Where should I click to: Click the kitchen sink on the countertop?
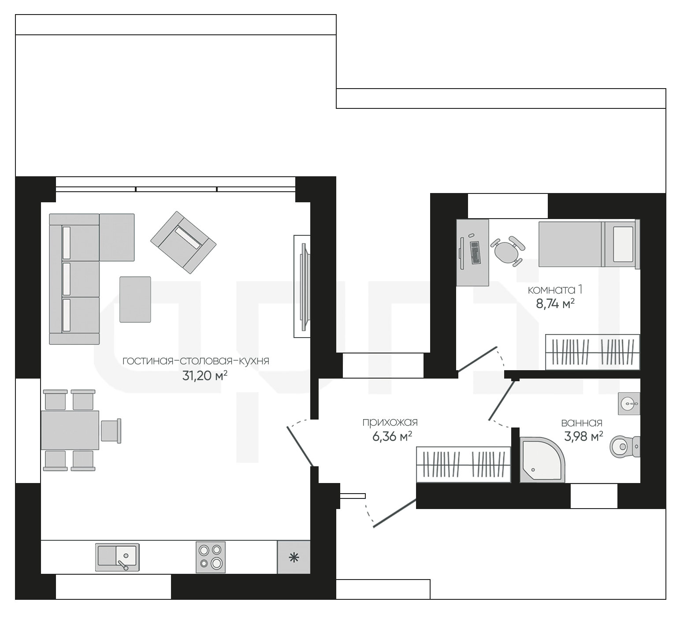point(117,557)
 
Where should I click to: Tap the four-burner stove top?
point(211,557)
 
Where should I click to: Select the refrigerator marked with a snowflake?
point(294,557)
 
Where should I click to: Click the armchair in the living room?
point(183,242)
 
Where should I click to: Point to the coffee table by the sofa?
point(135,299)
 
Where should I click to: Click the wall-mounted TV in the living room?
point(303,286)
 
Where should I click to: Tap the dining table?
point(70,430)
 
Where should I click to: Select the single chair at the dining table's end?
point(111,431)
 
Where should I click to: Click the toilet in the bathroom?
point(625,447)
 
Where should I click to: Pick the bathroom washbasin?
point(629,403)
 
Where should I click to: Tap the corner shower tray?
point(542,460)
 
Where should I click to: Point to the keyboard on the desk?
point(475,253)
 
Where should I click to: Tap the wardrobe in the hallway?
point(464,465)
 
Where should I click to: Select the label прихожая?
point(390,422)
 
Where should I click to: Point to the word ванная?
point(582,423)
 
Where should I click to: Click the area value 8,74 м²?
point(555,304)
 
